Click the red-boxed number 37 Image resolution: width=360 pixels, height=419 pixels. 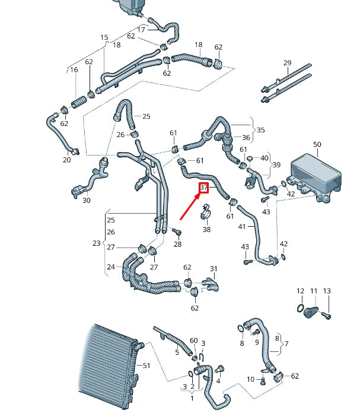pyautogui.click(x=203, y=188)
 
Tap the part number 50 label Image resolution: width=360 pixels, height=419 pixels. pyautogui.click(x=317, y=145)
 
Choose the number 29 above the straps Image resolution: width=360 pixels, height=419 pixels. pyautogui.click(x=287, y=63)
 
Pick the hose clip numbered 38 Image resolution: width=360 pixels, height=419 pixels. pyautogui.click(x=205, y=210)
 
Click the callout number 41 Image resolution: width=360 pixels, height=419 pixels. pyautogui.click(x=241, y=227)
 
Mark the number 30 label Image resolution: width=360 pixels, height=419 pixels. pyautogui.click(x=87, y=201)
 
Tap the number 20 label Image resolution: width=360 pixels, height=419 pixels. pyautogui.click(x=66, y=160)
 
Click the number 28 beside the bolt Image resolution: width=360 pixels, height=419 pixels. pyautogui.click(x=177, y=244)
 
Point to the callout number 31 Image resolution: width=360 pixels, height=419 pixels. pyautogui.click(x=214, y=268)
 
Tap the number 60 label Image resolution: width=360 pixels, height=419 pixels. pyautogui.click(x=193, y=340)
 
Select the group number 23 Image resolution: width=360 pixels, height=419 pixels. pyautogui.click(x=97, y=243)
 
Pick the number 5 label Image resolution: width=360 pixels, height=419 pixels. pyautogui.click(x=176, y=353)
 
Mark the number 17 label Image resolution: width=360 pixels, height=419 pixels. pyautogui.click(x=141, y=29)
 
